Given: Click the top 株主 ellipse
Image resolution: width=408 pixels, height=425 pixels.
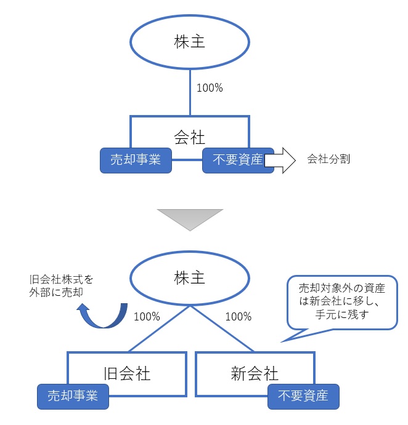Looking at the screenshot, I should (190, 42).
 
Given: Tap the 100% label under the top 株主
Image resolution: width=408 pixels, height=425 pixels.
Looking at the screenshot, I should (210, 88).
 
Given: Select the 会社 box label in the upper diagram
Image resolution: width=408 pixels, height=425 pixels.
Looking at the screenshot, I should (190, 137).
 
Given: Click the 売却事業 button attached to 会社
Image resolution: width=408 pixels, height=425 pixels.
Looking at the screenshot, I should (136, 160).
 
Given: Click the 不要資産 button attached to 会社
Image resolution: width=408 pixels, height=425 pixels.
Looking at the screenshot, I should (238, 160).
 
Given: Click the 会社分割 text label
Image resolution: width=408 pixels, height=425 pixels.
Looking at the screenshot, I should (328, 159).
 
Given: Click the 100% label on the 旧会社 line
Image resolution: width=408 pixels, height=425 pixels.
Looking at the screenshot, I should (147, 317).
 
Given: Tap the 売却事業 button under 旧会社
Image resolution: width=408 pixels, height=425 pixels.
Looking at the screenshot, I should (73, 395).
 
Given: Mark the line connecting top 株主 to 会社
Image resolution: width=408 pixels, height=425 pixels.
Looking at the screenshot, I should (190, 92).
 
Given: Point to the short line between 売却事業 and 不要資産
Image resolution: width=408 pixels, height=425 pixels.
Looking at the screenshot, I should (187, 161).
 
